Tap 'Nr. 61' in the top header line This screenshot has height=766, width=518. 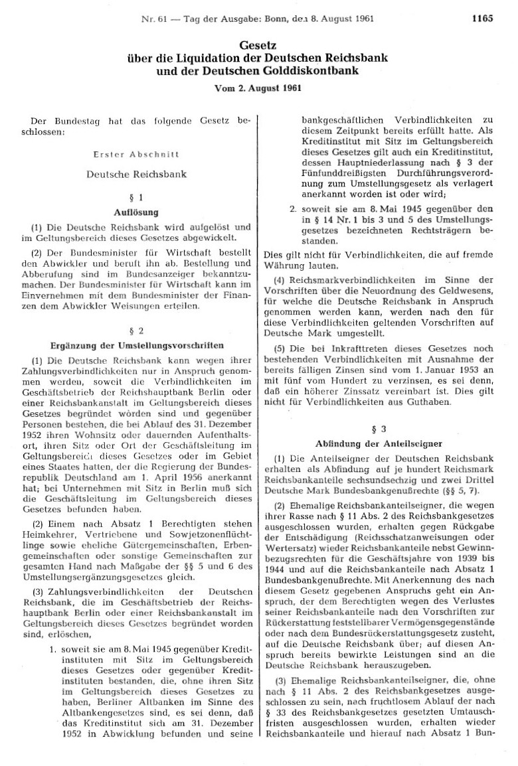154,19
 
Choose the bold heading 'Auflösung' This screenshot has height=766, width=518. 139,212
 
